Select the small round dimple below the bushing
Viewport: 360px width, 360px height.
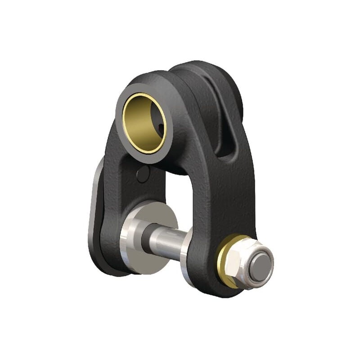[x=143, y=174]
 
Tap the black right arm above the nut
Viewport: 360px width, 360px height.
[x=229, y=198]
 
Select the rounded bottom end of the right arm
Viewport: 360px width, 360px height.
[x=211, y=288]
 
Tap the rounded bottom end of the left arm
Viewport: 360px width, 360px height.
[x=108, y=265]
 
